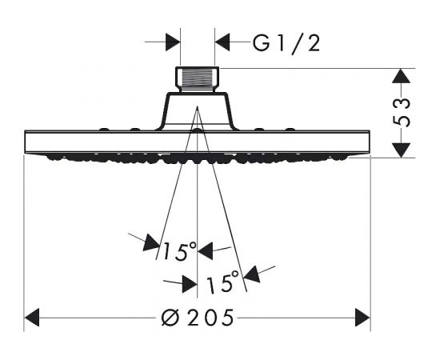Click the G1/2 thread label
(x=286, y=44)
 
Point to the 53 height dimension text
(x=401, y=112)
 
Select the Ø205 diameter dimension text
(x=198, y=318)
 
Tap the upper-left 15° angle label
(x=179, y=251)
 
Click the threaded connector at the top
(x=198, y=79)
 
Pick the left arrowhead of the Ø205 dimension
(x=32, y=318)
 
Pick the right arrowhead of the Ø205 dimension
(x=362, y=318)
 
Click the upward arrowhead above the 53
(x=401, y=76)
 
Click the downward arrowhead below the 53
(x=401, y=150)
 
